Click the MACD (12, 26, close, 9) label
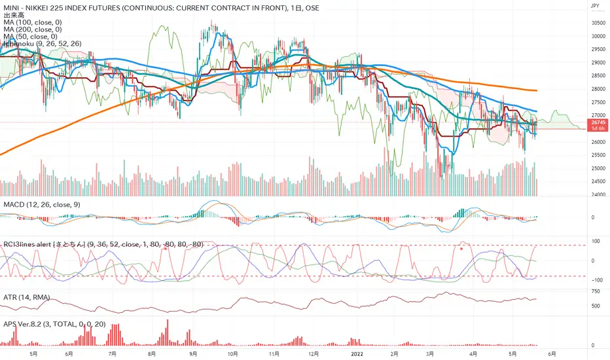pyautogui.click(x=40, y=206)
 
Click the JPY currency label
pyautogui.click(x=595, y=6)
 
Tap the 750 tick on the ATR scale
pyautogui.click(x=596, y=291)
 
